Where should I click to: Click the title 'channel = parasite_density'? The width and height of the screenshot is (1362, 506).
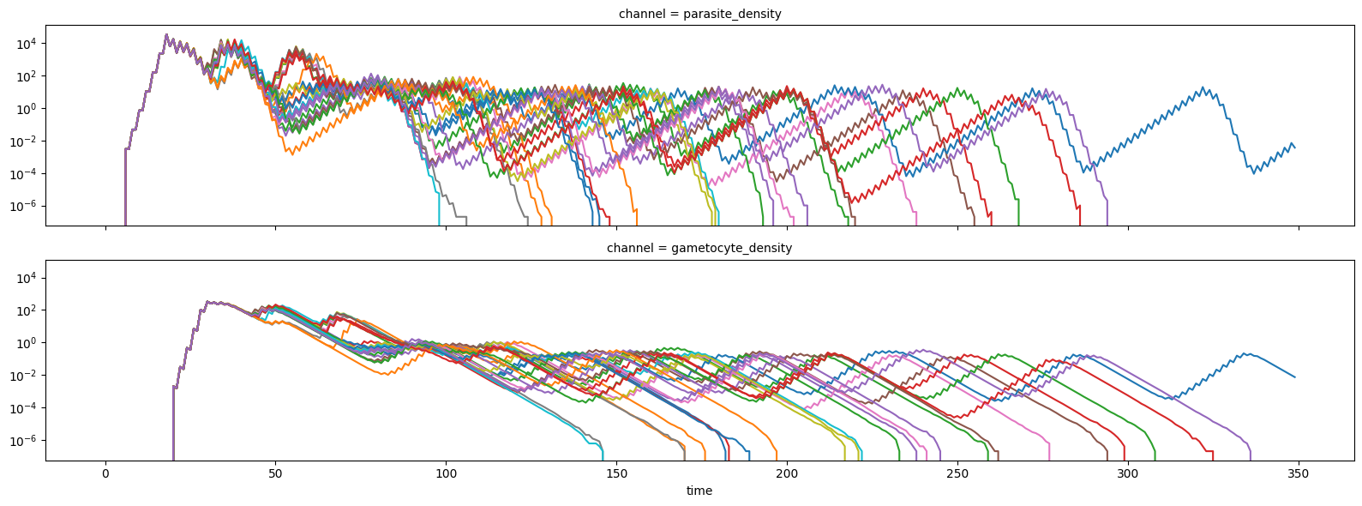(699, 14)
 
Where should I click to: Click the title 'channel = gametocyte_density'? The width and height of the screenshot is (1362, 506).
(699, 248)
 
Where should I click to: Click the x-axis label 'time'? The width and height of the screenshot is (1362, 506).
(699, 491)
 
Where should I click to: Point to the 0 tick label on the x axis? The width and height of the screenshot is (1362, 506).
(105, 473)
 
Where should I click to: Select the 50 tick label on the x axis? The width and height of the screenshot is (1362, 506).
(275, 473)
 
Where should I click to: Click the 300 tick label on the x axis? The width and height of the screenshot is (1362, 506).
(1128, 473)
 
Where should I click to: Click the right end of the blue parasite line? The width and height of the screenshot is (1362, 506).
(1295, 148)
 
